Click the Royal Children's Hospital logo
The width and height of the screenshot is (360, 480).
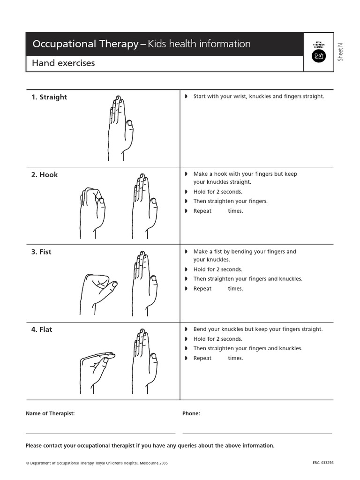(x=319, y=52)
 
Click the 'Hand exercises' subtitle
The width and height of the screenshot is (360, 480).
(x=63, y=63)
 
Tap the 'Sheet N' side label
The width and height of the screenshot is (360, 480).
(x=341, y=52)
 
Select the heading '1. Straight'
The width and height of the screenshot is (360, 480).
(x=49, y=97)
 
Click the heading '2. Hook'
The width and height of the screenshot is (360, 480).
(x=45, y=174)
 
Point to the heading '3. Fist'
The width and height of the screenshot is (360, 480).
(x=41, y=252)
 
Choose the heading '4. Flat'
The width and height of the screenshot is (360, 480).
(x=42, y=330)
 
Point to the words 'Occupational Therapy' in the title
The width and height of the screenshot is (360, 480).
(x=85, y=44)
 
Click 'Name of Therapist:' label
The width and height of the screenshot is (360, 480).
(x=50, y=413)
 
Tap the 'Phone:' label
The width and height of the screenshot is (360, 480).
(x=191, y=413)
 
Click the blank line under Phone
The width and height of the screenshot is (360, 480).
(x=257, y=433)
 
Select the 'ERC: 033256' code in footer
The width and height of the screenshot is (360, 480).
(x=323, y=463)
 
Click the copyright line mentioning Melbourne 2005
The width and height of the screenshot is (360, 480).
(x=97, y=463)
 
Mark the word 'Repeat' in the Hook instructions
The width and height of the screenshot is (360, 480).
(x=202, y=211)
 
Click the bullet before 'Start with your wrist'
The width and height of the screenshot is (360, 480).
(x=186, y=97)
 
